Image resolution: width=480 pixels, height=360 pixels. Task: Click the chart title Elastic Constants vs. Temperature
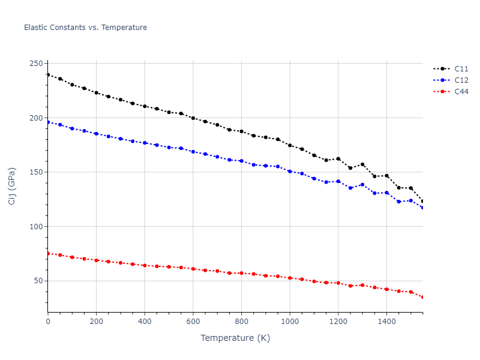(x=85, y=28)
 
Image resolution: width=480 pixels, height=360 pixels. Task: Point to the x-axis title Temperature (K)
(x=235, y=338)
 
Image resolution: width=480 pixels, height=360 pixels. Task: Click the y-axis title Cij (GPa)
(x=12, y=186)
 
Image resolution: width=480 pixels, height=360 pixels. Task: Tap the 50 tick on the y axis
(x=38, y=281)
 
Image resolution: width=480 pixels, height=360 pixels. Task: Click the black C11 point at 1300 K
(x=362, y=164)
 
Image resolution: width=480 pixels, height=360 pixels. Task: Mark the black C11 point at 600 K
(x=193, y=118)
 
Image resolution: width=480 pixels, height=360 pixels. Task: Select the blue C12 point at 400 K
(x=145, y=143)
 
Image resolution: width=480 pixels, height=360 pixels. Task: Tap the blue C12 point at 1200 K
(x=338, y=181)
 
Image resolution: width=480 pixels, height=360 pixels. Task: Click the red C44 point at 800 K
(x=241, y=273)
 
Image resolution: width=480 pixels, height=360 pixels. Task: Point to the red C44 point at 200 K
(x=97, y=260)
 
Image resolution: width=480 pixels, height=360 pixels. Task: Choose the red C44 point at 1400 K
(x=386, y=289)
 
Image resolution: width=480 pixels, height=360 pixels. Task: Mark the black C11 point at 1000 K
(x=290, y=145)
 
